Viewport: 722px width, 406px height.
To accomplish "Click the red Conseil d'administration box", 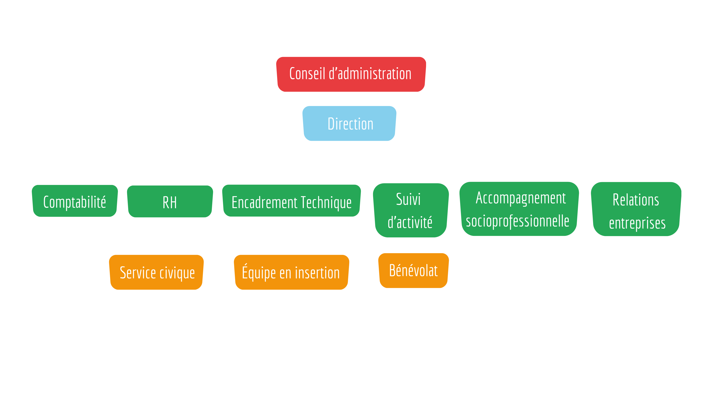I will click(351, 74).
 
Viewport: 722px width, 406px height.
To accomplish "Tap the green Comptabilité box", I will click(75, 201).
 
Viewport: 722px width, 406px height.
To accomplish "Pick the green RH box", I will click(170, 201).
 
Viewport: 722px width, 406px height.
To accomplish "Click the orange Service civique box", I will click(156, 272).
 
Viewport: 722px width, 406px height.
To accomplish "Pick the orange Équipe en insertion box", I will click(291, 272).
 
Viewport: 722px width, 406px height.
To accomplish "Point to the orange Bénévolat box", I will click(413, 271).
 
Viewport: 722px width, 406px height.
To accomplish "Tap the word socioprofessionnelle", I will click(517, 221).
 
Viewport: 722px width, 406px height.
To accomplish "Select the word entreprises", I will click(637, 223).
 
